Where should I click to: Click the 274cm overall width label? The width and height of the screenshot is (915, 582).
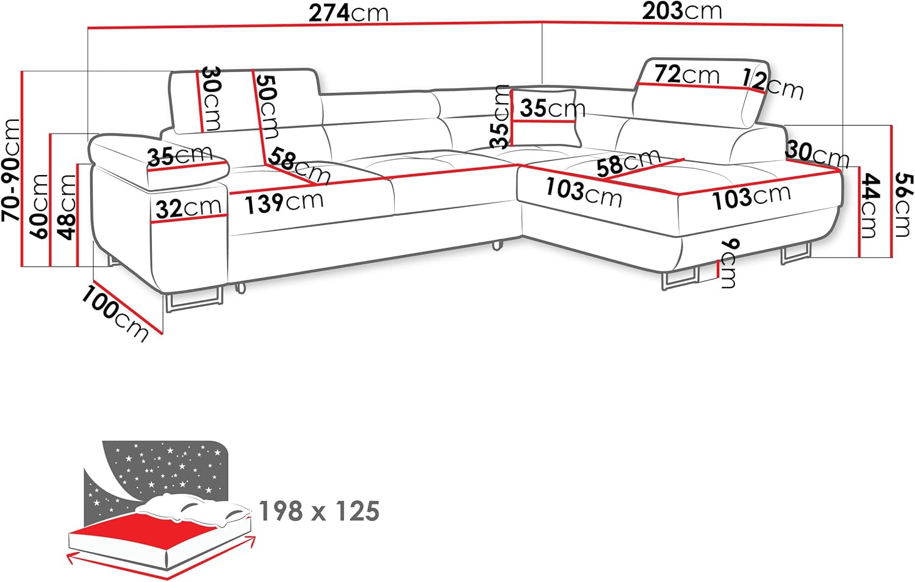point(348,13)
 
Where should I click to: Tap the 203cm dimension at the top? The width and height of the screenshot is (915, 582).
point(681,11)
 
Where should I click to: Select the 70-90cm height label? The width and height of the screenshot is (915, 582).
point(12,170)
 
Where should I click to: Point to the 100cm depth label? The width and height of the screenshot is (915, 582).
point(115,313)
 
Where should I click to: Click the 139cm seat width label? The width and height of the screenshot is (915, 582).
point(284,202)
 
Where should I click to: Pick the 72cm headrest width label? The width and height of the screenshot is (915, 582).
point(686,74)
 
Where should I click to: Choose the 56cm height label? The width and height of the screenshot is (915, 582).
point(904,204)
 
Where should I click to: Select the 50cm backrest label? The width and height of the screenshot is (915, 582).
point(267,105)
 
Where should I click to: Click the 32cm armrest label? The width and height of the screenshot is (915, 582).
point(188,208)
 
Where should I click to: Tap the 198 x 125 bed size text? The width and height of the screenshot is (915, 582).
point(319,511)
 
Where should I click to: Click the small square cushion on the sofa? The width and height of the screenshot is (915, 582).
point(545,118)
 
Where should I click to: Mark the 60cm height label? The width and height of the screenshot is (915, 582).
point(40,206)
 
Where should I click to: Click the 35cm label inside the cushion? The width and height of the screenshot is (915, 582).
point(552,109)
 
